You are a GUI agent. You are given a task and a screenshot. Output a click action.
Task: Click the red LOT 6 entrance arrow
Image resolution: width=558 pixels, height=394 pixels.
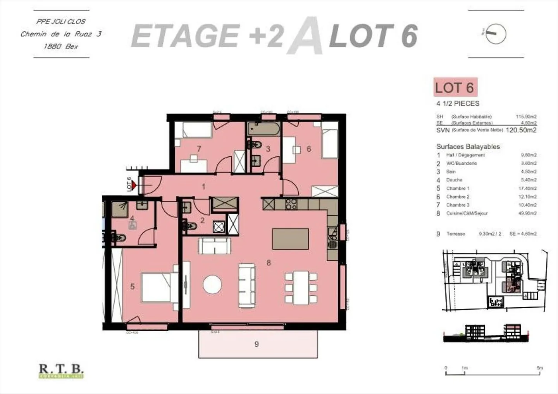coord(134,186)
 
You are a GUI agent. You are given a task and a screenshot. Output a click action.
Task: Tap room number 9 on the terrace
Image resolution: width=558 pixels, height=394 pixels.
coord(257,344)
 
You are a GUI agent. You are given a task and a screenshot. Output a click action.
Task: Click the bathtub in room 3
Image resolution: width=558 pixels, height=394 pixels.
coord(263,128)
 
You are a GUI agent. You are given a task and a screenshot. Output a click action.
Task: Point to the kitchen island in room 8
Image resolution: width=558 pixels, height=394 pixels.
coord(291,239)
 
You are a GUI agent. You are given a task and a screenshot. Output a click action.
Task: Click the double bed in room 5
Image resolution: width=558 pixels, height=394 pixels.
coord(156,287)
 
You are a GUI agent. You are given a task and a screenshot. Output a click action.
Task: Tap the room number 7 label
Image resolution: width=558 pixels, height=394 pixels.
coord(199,149)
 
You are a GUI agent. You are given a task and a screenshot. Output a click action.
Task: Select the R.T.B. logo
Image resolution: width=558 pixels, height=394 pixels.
coord(61,371)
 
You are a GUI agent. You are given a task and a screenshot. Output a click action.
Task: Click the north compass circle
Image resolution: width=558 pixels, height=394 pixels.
coord(496,34)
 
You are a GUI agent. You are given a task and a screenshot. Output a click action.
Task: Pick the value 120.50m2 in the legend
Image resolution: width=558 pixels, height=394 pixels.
coord(521,130)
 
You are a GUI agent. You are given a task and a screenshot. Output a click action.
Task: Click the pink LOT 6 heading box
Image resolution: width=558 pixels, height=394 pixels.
coord(455,87)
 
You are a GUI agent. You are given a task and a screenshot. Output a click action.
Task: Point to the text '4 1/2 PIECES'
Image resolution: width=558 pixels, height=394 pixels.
coord(458,104)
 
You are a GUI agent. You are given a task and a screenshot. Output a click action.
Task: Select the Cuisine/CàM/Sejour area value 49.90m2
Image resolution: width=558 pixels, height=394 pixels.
coord(529,213)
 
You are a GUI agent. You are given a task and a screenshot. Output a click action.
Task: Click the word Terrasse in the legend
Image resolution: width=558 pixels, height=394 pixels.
coord(455,234)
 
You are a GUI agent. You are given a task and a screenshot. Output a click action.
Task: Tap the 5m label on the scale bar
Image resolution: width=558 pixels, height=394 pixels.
coord(539,368)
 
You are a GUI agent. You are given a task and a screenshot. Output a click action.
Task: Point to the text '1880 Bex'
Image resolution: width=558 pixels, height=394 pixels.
coord(61,46)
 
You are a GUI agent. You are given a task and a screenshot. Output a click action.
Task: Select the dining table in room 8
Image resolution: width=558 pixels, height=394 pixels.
coord(301,288)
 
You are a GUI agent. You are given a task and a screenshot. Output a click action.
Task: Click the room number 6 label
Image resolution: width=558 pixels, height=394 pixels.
coord(309,149)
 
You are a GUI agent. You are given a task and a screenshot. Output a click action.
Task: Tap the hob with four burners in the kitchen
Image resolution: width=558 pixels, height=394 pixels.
coord(291,204)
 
